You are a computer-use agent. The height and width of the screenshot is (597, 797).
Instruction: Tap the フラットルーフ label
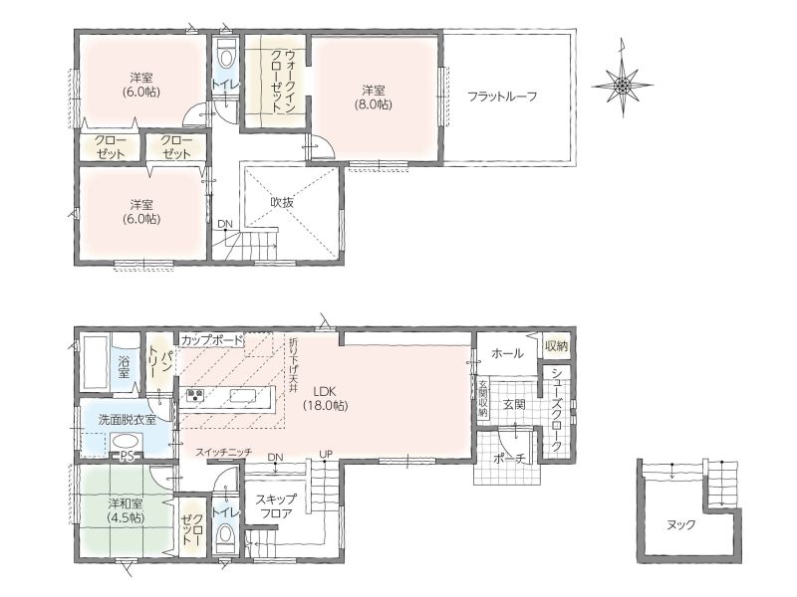coord(502,97)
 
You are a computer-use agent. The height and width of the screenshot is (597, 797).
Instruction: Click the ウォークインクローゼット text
coord(276,82)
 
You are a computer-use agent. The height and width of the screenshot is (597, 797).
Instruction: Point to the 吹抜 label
coord(282,202)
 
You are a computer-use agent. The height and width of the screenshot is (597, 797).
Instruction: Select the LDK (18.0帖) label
coord(326,399)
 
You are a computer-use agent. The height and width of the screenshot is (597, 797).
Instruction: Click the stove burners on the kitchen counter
coord(194,395)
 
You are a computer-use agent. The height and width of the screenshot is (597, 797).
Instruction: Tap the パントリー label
coord(157,361)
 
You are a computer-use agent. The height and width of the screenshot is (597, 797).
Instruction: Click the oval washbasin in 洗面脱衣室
coord(126,441)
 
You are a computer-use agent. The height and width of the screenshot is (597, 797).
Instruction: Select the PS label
coord(127,457)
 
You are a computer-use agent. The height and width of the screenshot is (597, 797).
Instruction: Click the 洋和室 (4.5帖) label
coord(126,510)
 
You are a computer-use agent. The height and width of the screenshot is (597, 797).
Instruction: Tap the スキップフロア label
coord(277,505)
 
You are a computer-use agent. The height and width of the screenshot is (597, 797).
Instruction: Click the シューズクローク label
coord(557,409)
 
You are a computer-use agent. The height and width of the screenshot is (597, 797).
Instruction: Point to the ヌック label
coord(680,525)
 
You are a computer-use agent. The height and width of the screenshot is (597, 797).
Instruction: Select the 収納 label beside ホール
coord(557,346)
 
